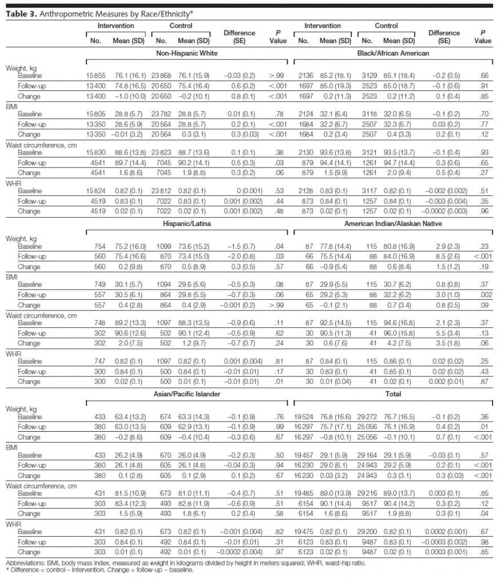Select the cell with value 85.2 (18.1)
point(337,75)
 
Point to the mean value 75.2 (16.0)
point(131,246)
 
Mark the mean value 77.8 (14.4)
point(337,246)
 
